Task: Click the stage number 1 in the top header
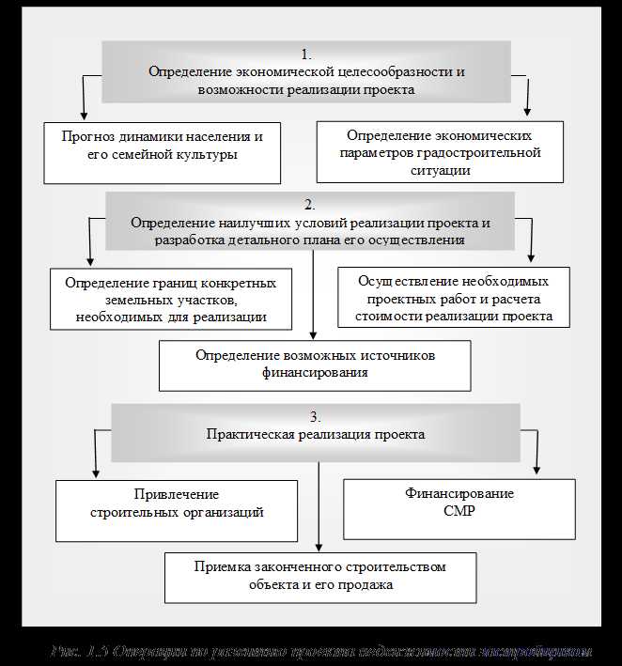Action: [x=306, y=54]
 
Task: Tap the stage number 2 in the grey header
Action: [x=309, y=204]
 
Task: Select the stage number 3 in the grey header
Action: [x=316, y=416]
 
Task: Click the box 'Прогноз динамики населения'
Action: [x=163, y=150]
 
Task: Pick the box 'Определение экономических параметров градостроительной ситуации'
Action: [x=440, y=151]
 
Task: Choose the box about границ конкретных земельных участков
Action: [x=170, y=300]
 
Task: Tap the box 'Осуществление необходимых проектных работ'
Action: [x=453, y=299]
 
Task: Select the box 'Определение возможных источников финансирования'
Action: [x=315, y=364]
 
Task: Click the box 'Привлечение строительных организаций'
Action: [x=176, y=511]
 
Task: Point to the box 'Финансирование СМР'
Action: [x=459, y=509]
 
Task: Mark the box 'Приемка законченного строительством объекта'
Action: [x=320, y=577]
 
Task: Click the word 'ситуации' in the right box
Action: [x=441, y=170]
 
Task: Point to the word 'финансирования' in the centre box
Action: [x=315, y=373]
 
